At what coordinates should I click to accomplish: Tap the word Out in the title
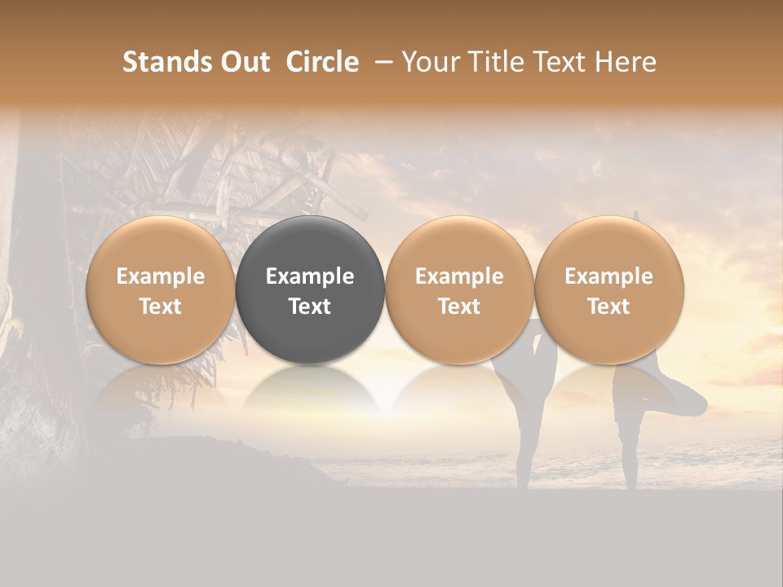pyautogui.click(x=245, y=62)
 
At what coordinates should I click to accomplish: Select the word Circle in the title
pyautogui.click(x=322, y=62)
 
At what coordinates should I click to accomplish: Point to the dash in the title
pyautogui.click(x=381, y=62)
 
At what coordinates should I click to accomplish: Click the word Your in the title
pyautogui.click(x=428, y=62)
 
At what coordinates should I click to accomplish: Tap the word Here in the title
pyautogui.click(x=626, y=62)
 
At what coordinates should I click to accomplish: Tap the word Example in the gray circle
pyautogui.click(x=310, y=276)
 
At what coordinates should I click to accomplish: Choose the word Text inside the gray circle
pyautogui.click(x=310, y=307)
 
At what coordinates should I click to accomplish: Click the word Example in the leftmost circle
pyautogui.click(x=160, y=276)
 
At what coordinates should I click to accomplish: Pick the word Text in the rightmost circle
pyautogui.click(x=608, y=307)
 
